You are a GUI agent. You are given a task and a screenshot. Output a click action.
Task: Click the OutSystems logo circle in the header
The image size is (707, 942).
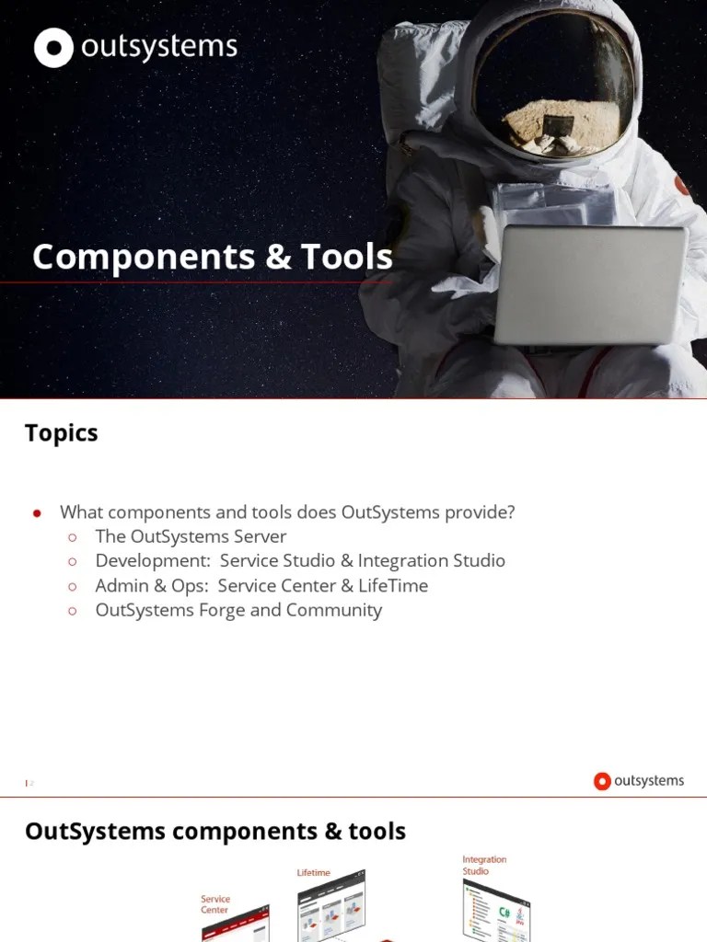53,48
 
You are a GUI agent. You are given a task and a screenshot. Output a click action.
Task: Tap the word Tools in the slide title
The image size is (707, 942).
343,257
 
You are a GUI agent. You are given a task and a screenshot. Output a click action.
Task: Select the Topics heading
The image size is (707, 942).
61,433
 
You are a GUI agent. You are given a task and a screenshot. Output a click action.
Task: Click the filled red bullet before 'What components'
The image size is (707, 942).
38,513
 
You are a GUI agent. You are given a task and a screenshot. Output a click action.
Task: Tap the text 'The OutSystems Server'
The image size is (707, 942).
191,536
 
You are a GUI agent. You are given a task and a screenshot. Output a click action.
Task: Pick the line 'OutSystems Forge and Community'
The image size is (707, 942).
238,610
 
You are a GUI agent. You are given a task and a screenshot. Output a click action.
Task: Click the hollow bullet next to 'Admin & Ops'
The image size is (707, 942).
73,586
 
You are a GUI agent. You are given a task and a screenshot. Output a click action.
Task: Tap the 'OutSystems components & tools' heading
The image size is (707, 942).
214,832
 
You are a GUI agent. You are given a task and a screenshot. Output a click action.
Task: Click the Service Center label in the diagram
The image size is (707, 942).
215,904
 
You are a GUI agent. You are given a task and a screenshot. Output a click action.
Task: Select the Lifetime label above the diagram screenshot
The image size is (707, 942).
313,872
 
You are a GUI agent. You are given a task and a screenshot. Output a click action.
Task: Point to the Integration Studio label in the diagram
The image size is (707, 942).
483,865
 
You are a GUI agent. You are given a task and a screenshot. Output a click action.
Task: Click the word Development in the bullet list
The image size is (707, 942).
151,561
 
